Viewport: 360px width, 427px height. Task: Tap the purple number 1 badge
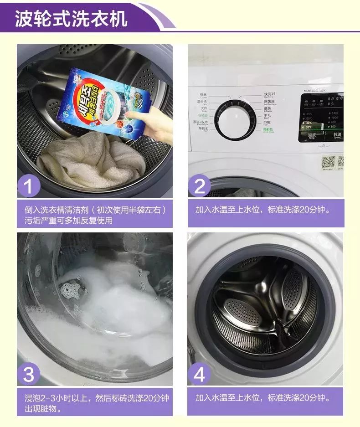[28, 186]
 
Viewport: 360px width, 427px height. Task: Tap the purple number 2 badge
[199, 186]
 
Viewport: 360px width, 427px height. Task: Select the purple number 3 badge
[28, 375]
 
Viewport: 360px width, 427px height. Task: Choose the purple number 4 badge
[199, 375]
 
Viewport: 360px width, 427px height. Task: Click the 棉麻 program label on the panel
[203, 95]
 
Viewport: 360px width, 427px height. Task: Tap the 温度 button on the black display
[312, 135]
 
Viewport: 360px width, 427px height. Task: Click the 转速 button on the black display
[337, 135]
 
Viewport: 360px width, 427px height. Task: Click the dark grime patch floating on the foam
[71, 288]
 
